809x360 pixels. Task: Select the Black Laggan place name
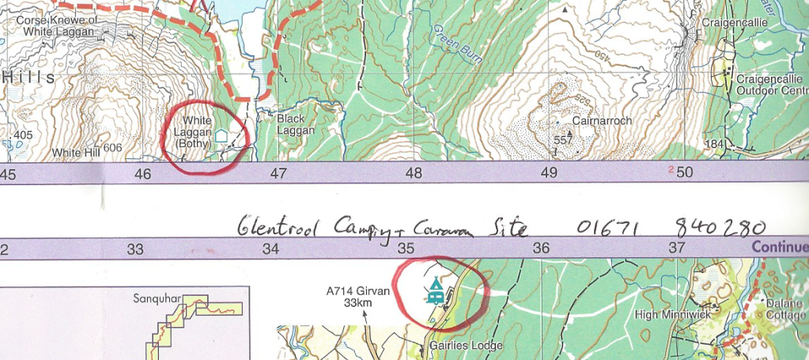pyautogui.click(x=296, y=125)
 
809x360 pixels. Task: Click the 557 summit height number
pyautogui.click(x=562, y=140)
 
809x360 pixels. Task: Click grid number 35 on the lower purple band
pyautogui.click(x=406, y=248)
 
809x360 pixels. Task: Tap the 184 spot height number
pyautogui.click(x=715, y=143)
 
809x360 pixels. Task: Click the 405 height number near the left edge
pyautogui.click(x=24, y=135)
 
